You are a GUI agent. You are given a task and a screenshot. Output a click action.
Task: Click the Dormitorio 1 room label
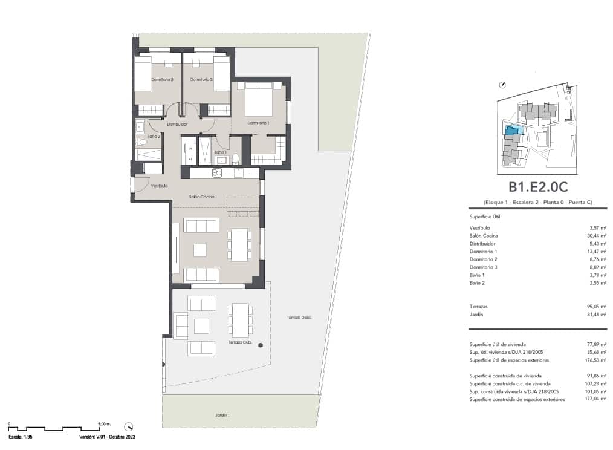pos(258,123)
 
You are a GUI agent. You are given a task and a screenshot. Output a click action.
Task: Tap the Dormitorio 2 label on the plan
pos(201,79)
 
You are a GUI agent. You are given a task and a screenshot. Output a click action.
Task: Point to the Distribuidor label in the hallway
pos(177,124)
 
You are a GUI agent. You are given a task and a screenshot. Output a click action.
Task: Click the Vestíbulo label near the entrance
pos(159,186)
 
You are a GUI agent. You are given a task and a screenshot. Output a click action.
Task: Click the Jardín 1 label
pos(222,416)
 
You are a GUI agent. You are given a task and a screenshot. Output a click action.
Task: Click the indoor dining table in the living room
pos(240,244)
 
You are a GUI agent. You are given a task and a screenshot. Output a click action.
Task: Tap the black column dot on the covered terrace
pos(261,345)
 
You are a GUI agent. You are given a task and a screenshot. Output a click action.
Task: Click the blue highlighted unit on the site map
pos(512,130)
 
